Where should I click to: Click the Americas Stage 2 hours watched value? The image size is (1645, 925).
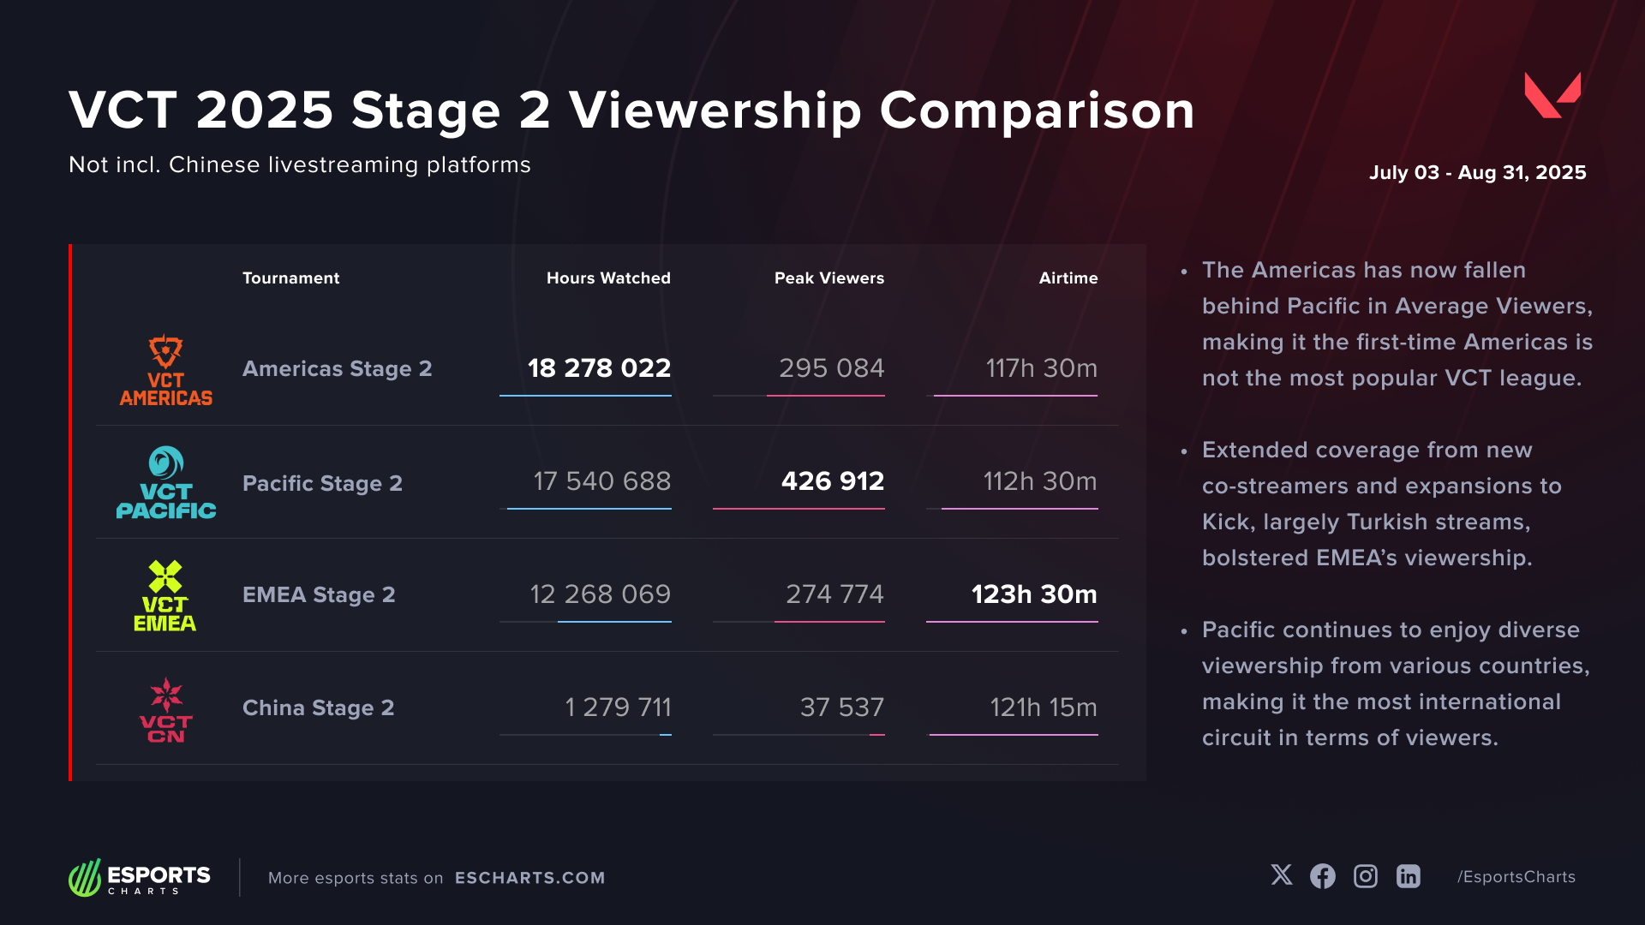tap(599, 368)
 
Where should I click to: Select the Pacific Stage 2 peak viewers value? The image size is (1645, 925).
tap(832, 481)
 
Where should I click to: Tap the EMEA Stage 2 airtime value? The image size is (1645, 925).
tap(1033, 594)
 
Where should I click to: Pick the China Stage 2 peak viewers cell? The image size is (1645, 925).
tap(841, 707)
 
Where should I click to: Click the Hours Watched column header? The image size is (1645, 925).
tap(608, 278)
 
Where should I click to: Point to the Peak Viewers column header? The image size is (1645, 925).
tap(828, 278)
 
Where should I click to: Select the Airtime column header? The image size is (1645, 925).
tap(1068, 278)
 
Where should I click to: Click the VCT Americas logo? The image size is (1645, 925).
tap(166, 370)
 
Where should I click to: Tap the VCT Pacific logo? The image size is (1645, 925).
tap(166, 483)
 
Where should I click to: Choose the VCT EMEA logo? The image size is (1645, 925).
tap(165, 596)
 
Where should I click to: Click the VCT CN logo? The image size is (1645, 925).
tap(166, 710)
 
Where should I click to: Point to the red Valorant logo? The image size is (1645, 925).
tap(1552, 95)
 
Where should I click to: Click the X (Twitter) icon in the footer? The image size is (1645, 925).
tap(1282, 875)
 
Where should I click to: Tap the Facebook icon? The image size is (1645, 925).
tap(1323, 876)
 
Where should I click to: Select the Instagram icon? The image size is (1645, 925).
tap(1366, 876)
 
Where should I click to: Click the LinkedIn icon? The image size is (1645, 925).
tap(1409, 876)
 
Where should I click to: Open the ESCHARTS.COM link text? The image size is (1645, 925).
tap(529, 878)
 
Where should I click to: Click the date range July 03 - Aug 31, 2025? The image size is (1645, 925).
tap(1477, 172)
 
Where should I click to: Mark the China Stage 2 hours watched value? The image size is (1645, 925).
tap(618, 707)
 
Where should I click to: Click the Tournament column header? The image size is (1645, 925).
tap(290, 278)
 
